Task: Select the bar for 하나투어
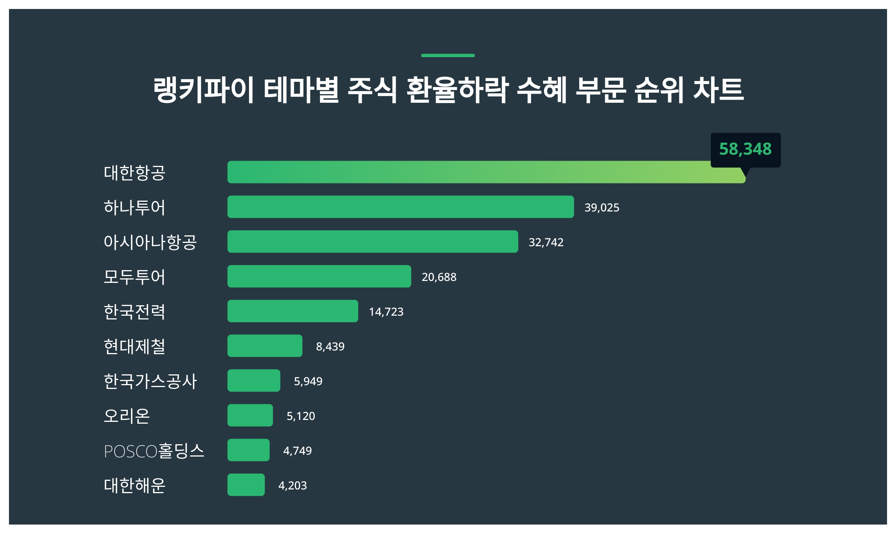pos(401,207)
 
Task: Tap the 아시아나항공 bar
pos(373,242)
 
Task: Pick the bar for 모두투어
pos(319,276)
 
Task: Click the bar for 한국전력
pos(293,311)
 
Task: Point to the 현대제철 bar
pos(265,346)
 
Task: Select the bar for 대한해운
pos(246,485)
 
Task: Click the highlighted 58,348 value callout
pos(745,149)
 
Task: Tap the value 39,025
pos(601,208)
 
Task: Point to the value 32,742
pos(546,242)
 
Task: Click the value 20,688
pos(439,277)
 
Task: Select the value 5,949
pos(308,381)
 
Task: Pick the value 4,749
pos(297,451)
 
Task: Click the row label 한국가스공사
pos(150,381)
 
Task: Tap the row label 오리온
pos(127,416)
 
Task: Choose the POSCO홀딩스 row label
pos(154,451)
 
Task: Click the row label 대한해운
pos(134,485)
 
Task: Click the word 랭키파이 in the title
pos(204,90)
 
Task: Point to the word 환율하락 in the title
pos(457,90)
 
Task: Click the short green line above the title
pos(448,56)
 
